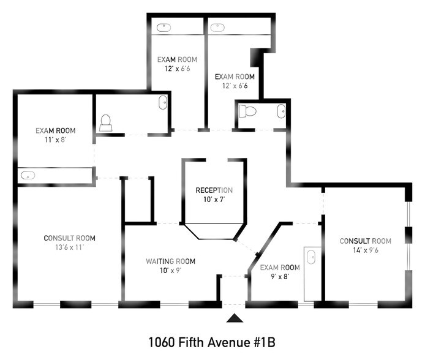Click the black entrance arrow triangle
235,318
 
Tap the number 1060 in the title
161,342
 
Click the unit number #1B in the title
265,342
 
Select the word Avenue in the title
229,342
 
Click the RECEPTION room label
214,190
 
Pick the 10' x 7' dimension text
214,200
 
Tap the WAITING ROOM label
170,261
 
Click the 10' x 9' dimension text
170,271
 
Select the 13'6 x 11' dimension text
70,247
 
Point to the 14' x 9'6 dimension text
366,250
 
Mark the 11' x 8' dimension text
56,140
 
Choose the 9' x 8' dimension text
280,277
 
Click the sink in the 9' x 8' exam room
311,257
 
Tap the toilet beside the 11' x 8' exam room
105,123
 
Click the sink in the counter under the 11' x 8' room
28,175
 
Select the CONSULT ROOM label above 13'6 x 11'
70,238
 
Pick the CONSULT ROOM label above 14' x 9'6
366,241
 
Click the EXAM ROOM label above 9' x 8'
280,268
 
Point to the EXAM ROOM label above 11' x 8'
56,130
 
